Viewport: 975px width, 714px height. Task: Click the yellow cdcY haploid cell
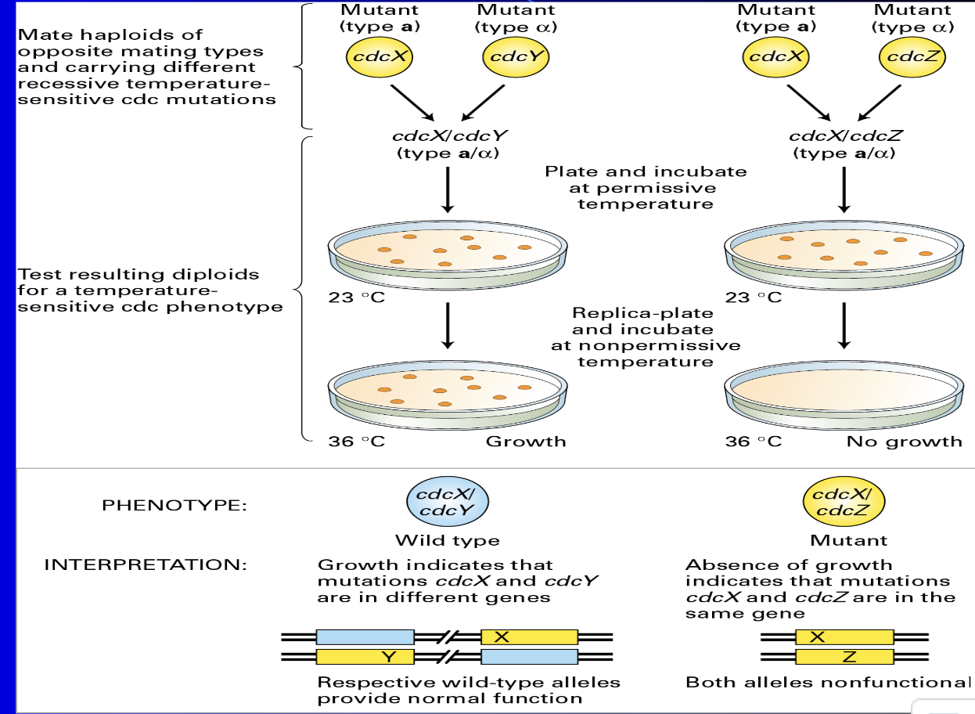[x=516, y=57]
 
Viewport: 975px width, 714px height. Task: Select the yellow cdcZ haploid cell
[x=912, y=57]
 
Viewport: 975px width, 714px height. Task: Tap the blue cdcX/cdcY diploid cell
[x=448, y=502]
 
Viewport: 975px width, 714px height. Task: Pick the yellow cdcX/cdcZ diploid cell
[x=844, y=502]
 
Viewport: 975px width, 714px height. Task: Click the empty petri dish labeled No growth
[x=844, y=395]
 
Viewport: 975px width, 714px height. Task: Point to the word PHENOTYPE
[x=174, y=506]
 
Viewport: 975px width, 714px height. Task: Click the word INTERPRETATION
[x=146, y=564]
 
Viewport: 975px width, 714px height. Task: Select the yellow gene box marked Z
[x=844, y=657]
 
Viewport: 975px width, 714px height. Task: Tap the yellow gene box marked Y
[x=365, y=657]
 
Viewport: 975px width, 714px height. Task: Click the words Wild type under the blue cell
[x=448, y=540]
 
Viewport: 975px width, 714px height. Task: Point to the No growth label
[x=904, y=442]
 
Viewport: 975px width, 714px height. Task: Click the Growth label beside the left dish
[x=526, y=442]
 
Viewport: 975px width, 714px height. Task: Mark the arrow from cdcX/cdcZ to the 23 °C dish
[x=844, y=189]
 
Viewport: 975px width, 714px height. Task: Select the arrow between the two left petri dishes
[x=448, y=326]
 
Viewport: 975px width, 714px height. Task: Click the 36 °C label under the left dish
[x=357, y=442]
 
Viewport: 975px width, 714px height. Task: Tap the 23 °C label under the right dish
[x=754, y=297]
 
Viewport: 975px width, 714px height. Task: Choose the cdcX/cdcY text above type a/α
[x=450, y=136]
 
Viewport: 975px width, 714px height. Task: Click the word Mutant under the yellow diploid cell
[x=849, y=540]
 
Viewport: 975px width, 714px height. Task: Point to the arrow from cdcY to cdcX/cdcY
[x=483, y=103]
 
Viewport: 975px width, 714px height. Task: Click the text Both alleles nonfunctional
[x=829, y=682]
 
